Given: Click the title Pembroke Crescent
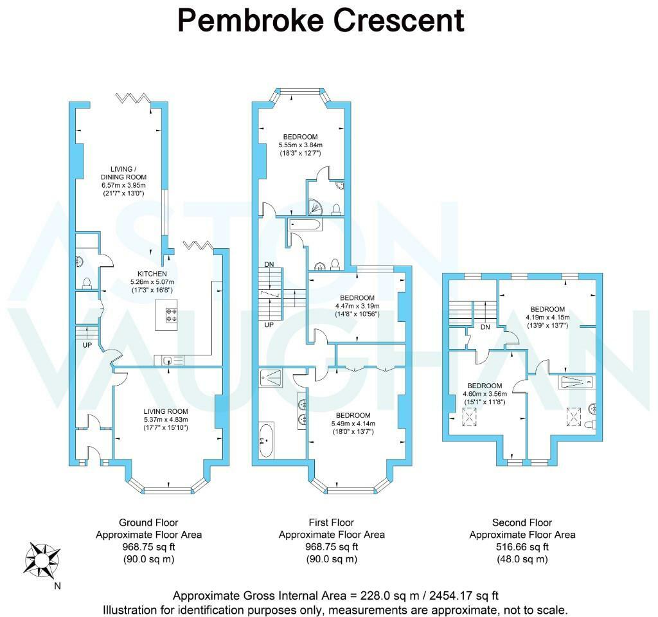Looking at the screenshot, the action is tap(321, 20).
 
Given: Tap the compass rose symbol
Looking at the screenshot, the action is tap(42, 560).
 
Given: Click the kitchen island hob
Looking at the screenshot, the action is tap(171, 315).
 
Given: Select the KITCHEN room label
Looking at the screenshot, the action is tap(152, 274).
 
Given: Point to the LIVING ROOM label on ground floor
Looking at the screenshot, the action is tap(166, 411).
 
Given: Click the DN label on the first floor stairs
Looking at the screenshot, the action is tap(269, 264).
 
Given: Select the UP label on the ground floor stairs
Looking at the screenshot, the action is tap(87, 345).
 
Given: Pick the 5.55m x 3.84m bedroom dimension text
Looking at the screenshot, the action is tap(301, 145).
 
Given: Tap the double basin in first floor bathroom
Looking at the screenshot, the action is tap(301, 411).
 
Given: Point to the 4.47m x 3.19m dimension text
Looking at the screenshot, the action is tap(357, 306).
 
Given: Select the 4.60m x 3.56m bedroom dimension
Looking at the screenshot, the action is tap(485, 394).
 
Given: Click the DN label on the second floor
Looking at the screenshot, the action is tap(485, 327).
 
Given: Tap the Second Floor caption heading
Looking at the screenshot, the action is tap(522, 523).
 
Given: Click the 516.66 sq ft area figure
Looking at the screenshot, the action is tap(522, 547).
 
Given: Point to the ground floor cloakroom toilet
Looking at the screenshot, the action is tap(87, 283).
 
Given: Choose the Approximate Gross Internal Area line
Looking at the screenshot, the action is tap(335, 596).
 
